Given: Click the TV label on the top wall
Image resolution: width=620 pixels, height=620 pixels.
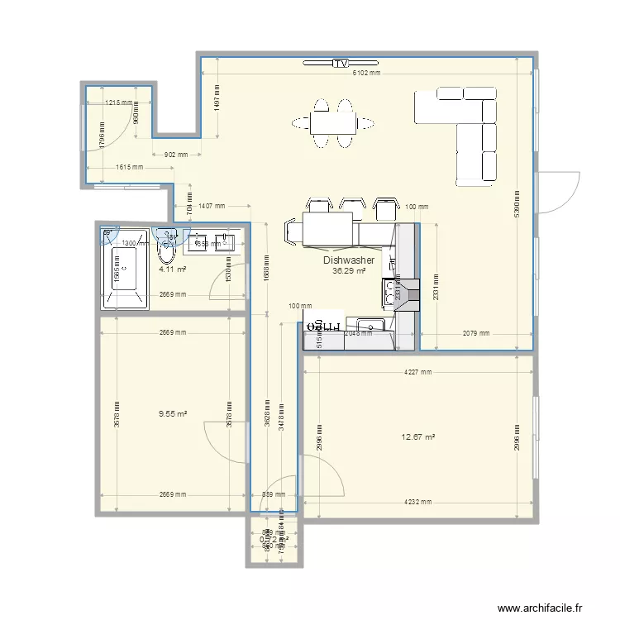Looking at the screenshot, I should click(x=340, y=63).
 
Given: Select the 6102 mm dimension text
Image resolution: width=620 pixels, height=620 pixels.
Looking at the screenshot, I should click(x=366, y=73).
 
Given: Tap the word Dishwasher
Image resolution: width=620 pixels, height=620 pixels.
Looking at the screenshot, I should click(x=349, y=260).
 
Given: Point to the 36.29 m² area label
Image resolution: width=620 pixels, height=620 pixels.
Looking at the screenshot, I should click(x=348, y=270).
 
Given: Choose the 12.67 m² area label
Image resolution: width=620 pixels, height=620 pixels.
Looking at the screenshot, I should click(x=418, y=437).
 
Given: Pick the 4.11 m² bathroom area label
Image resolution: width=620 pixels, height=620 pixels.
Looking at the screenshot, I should click(x=172, y=269).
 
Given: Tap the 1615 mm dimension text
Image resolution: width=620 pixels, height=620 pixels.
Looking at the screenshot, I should click(x=126, y=167).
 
